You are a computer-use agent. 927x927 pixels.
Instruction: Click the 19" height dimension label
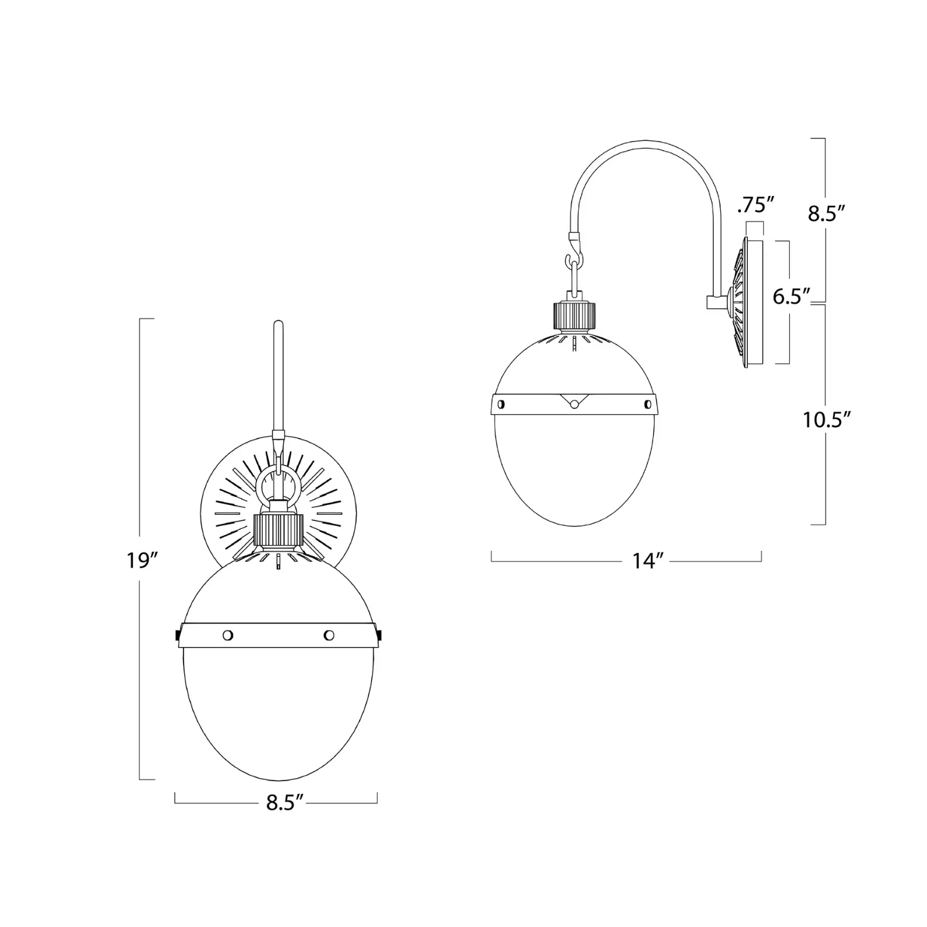tap(143, 561)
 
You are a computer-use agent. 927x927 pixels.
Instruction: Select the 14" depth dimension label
tap(648, 561)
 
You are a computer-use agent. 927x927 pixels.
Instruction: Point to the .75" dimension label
tap(755, 205)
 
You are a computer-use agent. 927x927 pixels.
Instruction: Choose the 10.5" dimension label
tap(828, 420)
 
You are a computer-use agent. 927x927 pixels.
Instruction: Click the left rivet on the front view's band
tap(228, 635)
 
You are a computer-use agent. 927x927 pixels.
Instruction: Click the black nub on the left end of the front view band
tap(177, 635)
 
